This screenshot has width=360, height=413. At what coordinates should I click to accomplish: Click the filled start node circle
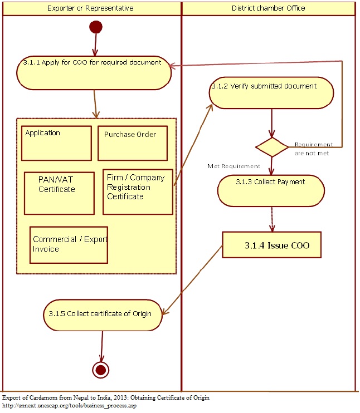click(x=96, y=27)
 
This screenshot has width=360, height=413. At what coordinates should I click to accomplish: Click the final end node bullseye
click(x=101, y=370)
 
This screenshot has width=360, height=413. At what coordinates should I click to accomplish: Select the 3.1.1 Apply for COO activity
click(x=94, y=72)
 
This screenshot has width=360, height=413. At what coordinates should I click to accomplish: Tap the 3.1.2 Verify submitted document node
click(x=271, y=93)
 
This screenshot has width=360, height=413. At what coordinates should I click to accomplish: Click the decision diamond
click(x=271, y=147)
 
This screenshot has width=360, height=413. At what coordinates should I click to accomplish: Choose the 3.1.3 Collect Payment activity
click(x=271, y=190)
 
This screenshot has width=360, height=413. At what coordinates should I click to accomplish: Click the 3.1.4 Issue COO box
click(x=271, y=245)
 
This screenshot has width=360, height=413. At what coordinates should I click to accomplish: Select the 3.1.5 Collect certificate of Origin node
click(x=103, y=314)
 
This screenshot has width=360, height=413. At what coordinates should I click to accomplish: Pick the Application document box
click(x=56, y=143)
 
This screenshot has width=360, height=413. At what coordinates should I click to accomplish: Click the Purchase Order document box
click(x=132, y=143)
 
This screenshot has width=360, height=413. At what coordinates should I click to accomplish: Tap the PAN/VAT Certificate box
click(x=59, y=193)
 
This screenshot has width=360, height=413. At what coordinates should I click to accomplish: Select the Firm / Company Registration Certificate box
click(x=138, y=191)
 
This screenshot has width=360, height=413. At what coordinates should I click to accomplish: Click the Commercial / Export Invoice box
click(x=69, y=245)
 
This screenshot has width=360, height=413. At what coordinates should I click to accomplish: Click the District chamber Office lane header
click(x=268, y=8)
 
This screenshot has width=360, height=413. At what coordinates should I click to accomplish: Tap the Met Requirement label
click(x=233, y=166)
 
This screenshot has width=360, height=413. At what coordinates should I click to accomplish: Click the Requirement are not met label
click(x=313, y=149)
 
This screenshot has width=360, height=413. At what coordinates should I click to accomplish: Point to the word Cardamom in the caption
click(x=50, y=398)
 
